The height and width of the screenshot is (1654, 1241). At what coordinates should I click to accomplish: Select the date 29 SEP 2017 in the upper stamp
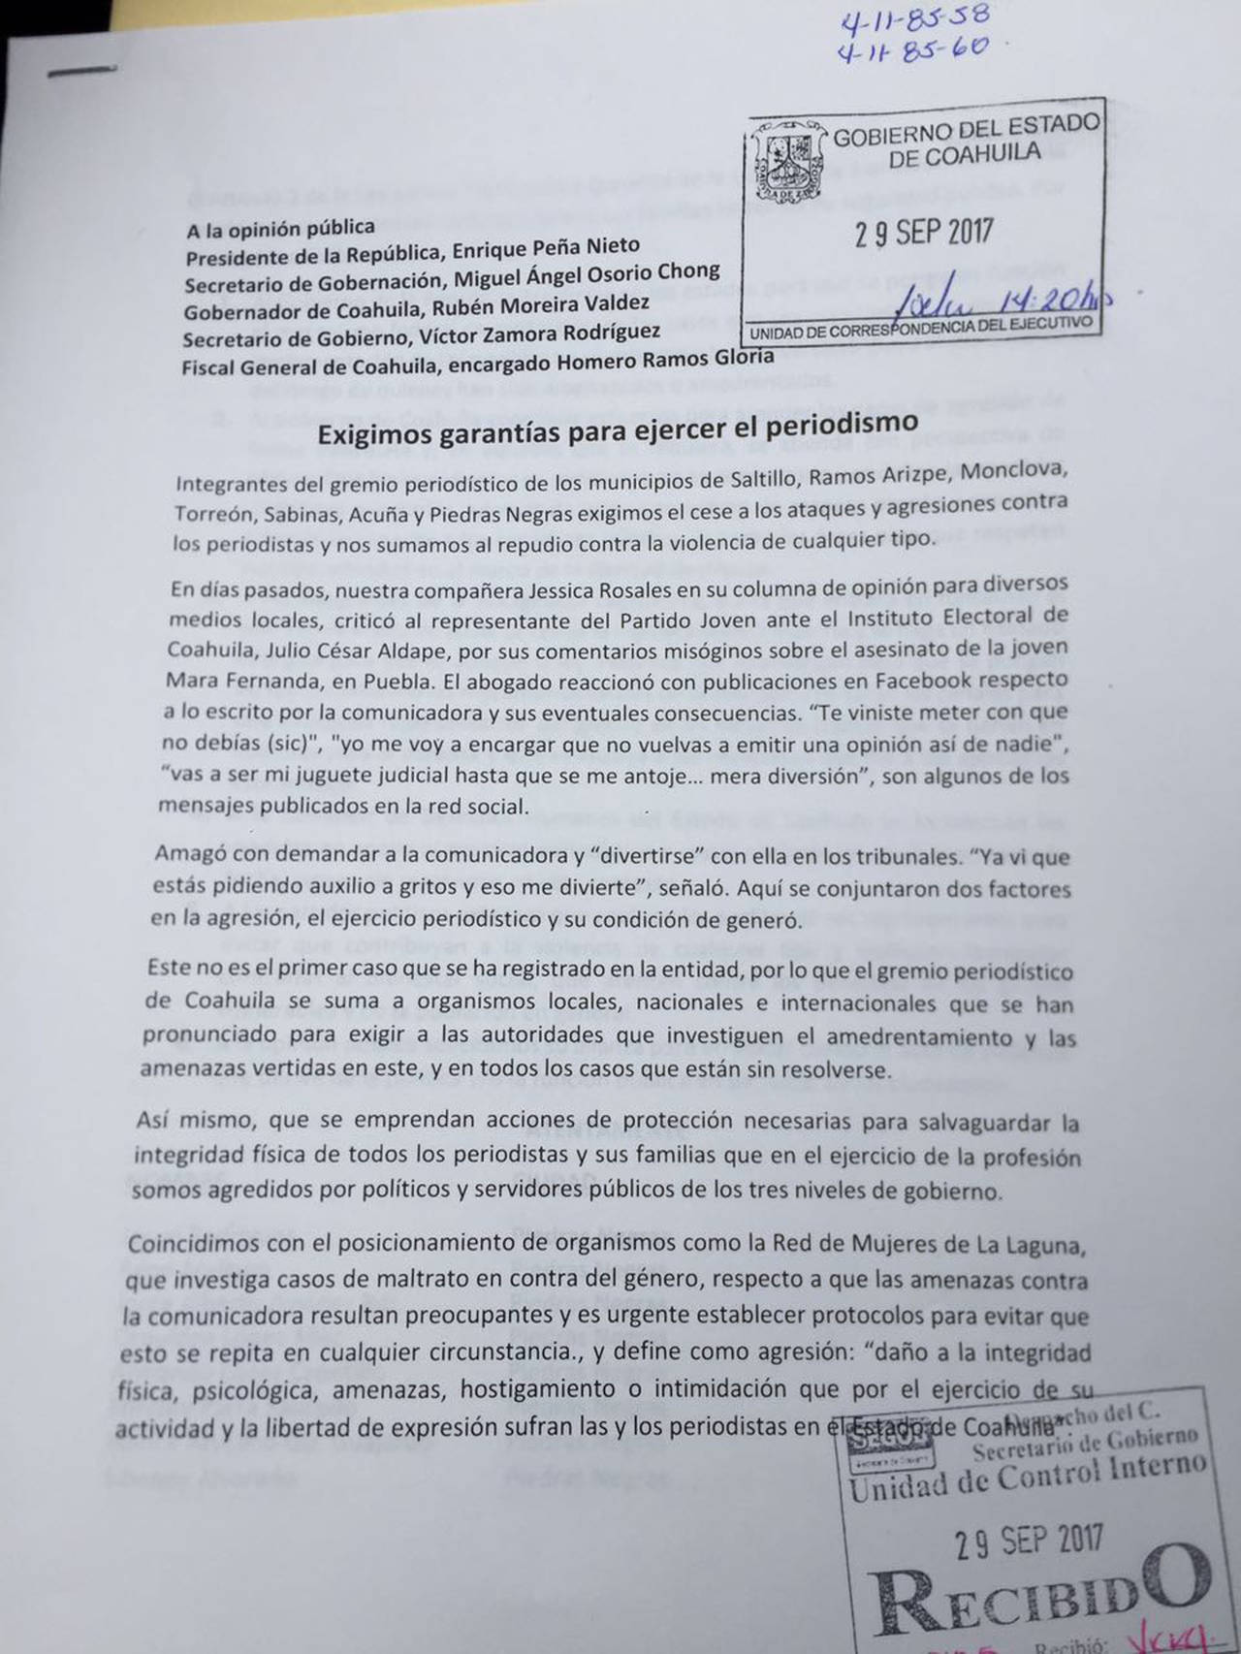(x=923, y=233)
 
